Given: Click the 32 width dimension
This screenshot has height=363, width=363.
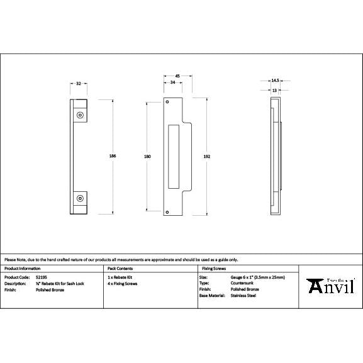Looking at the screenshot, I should tap(79, 82).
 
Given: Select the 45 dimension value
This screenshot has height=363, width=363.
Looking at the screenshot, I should tap(177, 75).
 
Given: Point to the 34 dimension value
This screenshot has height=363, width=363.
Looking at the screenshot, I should tap(172, 82).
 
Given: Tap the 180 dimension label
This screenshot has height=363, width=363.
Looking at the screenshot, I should tap(147, 155).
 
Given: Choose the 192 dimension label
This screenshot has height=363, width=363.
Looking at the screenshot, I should tap(206, 155).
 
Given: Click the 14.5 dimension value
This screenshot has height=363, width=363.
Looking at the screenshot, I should tap(275, 81).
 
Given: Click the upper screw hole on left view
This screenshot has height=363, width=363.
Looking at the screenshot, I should tap(79, 115).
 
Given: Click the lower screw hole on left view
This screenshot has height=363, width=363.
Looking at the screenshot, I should tap(79, 198).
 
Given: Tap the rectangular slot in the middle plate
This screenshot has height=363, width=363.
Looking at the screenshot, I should tap(174, 155).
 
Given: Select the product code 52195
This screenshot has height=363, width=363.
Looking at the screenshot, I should tap(42, 277).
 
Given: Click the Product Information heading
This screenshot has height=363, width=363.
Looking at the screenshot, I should tap(23, 269).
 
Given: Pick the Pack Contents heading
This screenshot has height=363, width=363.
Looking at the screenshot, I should tap(121, 269).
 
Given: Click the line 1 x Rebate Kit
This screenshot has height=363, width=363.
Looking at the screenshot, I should tap(121, 277).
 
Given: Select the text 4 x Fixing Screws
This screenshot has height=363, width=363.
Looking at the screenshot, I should tap(123, 283).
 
